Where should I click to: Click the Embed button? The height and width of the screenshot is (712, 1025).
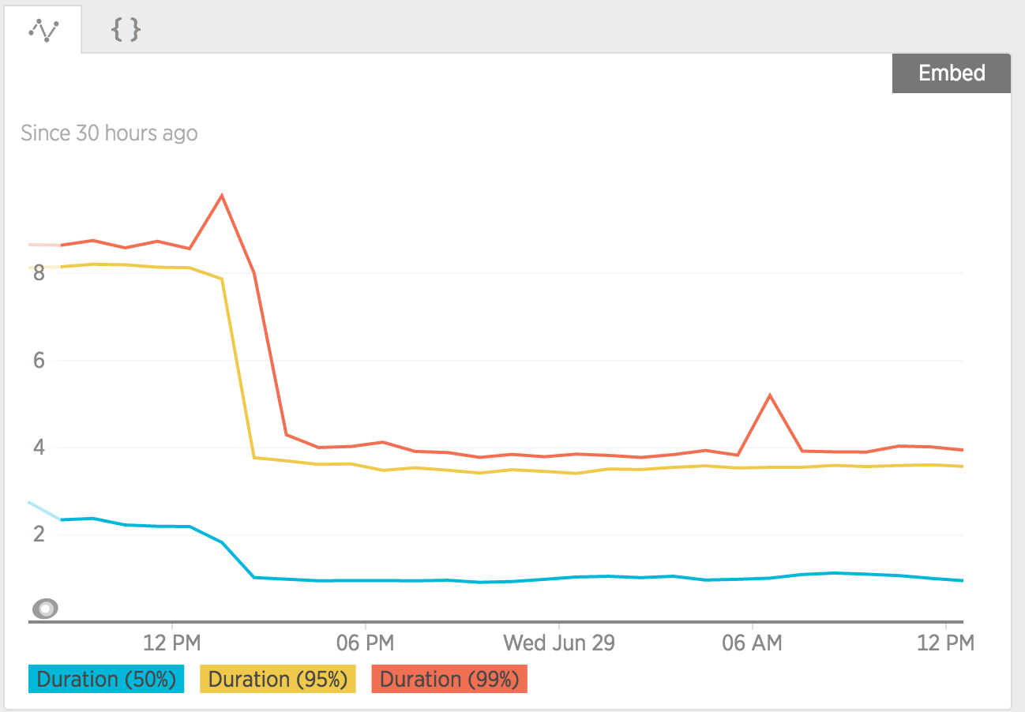coord(952,73)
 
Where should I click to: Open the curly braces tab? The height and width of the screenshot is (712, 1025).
coord(126,31)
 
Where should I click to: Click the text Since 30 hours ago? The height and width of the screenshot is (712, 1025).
coord(109,133)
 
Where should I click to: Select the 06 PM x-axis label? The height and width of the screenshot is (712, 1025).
coord(365,643)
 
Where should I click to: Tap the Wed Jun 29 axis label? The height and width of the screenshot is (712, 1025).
coord(559,643)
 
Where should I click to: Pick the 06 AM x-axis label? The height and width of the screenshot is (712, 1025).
coord(752,643)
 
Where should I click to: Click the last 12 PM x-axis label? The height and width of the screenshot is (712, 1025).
coord(945,643)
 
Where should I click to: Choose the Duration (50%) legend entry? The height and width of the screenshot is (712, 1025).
coord(106,680)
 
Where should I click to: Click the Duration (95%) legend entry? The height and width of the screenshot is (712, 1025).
coord(278,680)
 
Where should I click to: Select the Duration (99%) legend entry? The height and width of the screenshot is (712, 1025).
coord(449,680)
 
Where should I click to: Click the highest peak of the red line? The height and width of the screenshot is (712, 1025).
coord(222,195)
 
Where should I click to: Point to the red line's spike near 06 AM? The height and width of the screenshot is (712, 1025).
coord(769,395)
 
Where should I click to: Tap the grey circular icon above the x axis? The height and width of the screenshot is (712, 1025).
coord(46,609)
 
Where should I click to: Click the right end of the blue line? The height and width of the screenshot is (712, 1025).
coord(962,580)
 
